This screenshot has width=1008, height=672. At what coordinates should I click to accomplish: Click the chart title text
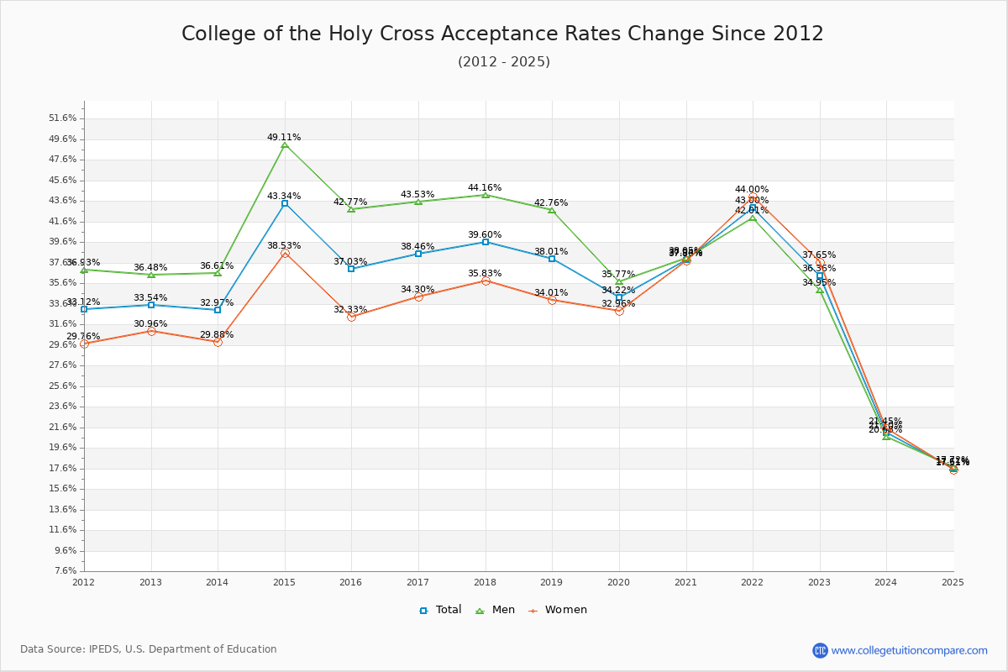click(502, 34)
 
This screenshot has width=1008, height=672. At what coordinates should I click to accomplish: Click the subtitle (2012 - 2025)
click(504, 62)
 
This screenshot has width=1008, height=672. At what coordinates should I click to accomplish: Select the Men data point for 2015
click(285, 145)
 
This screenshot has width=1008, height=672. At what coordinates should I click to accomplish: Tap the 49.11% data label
click(284, 137)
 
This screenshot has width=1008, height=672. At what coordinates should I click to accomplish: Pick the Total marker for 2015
click(285, 203)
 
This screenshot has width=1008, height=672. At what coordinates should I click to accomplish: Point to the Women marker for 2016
click(351, 317)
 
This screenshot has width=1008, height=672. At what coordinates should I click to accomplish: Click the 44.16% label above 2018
click(485, 187)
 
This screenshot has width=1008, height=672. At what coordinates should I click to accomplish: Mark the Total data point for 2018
click(486, 242)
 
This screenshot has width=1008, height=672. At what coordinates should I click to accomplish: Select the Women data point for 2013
click(151, 331)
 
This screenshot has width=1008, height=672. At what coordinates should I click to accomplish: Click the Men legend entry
click(495, 610)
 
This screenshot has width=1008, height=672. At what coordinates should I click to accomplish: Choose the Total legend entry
click(441, 610)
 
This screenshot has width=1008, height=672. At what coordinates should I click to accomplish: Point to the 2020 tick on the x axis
click(618, 581)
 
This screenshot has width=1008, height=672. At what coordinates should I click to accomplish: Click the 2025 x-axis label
click(953, 581)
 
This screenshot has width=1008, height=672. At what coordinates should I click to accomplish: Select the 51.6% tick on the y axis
click(64, 118)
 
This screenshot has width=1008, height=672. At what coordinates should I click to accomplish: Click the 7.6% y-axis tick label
click(66, 571)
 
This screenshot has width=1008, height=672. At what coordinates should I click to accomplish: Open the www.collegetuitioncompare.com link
click(909, 650)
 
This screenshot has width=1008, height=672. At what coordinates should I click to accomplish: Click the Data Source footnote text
click(149, 649)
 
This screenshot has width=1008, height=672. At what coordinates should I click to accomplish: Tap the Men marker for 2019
click(552, 210)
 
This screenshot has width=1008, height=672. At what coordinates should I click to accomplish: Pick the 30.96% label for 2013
click(150, 323)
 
